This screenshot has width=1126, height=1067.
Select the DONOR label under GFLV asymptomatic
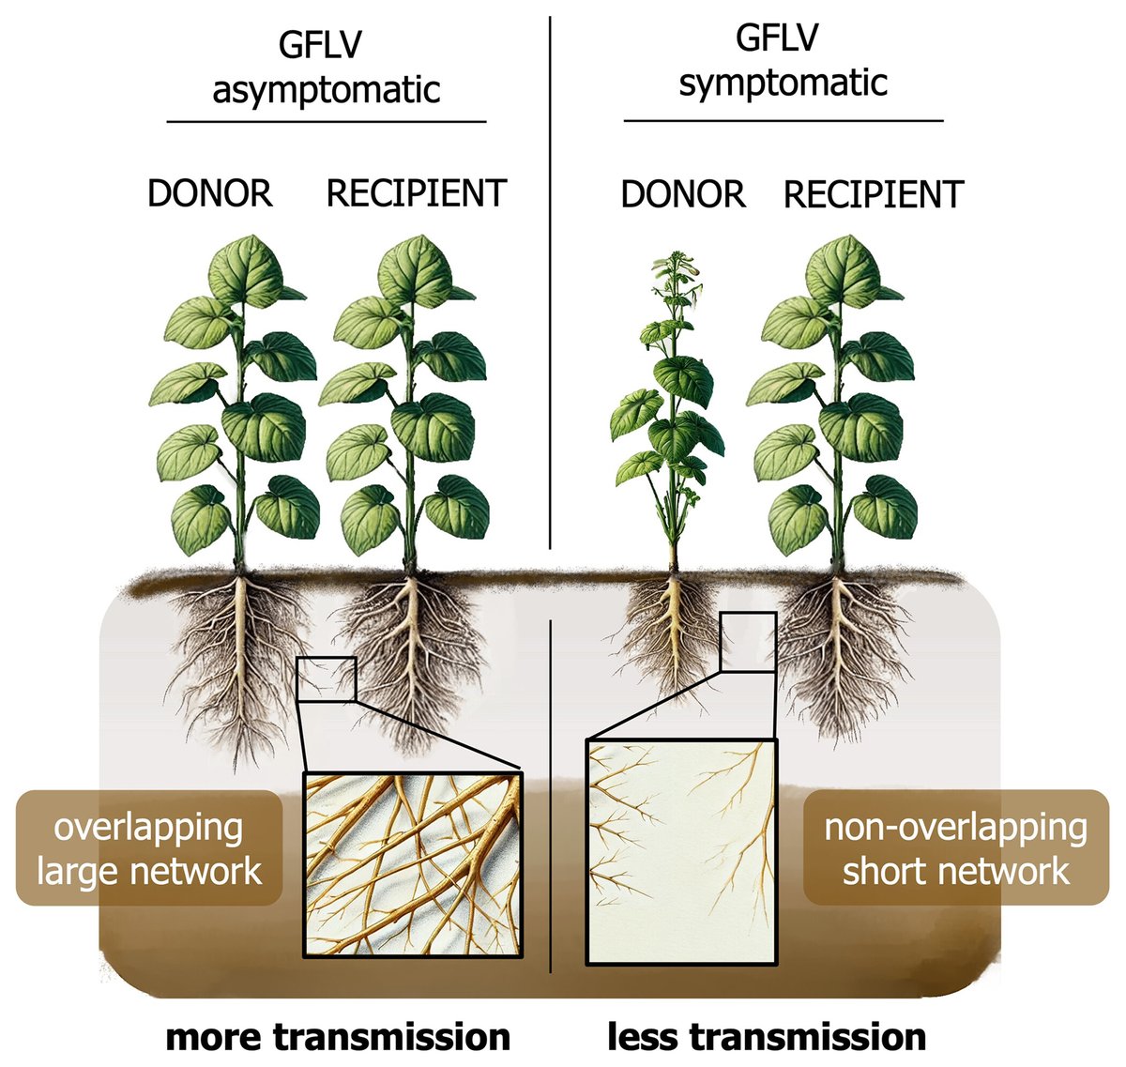click(x=210, y=193)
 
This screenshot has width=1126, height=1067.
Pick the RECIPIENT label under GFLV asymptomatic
click(x=416, y=193)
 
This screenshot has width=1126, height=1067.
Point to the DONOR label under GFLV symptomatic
click(x=683, y=194)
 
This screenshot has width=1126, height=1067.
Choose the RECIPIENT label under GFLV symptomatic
click(x=873, y=194)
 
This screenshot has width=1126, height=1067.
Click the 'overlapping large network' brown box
click(x=149, y=848)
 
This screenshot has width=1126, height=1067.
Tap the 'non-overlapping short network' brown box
click(x=955, y=848)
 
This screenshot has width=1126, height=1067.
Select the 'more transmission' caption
click(x=338, y=1037)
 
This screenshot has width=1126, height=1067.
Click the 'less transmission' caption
click(x=767, y=1037)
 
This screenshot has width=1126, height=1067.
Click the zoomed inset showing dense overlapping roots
click(x=414, y=864)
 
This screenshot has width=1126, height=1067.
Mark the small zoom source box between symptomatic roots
click(x=748, y=643)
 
